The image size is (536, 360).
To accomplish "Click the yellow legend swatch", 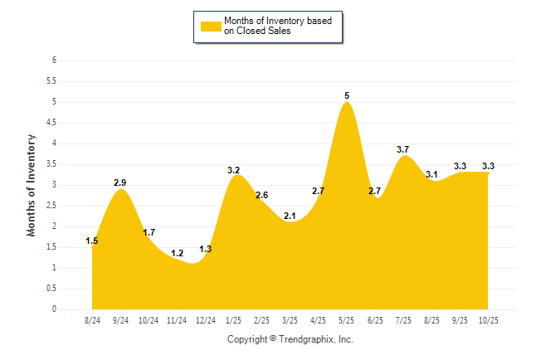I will tap(211, 26).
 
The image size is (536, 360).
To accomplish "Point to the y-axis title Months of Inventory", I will tap(32, 185).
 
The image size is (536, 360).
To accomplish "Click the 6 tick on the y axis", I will tap(54, 61).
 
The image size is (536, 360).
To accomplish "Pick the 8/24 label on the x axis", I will tap(93, 320).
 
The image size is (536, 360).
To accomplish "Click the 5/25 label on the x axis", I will tap(346, 320).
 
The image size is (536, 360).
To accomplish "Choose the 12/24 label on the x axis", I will tap(205, 320).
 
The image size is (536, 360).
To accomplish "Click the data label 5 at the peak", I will tap(347, 96).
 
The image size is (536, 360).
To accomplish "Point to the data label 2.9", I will tap(120, 182).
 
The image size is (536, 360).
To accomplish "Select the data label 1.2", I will tap(177, 253).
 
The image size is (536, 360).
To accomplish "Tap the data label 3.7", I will tap(403, 149).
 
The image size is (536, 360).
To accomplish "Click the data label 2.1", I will tap(290, 216).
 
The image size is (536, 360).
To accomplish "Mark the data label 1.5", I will tap(92, 241).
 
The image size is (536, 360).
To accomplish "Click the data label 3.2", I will tap(234, 170).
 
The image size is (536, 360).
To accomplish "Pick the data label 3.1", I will tap(431, 174).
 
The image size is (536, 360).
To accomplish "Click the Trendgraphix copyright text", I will tap(290, 339).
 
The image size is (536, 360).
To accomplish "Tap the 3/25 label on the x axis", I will tap(290, 320).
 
